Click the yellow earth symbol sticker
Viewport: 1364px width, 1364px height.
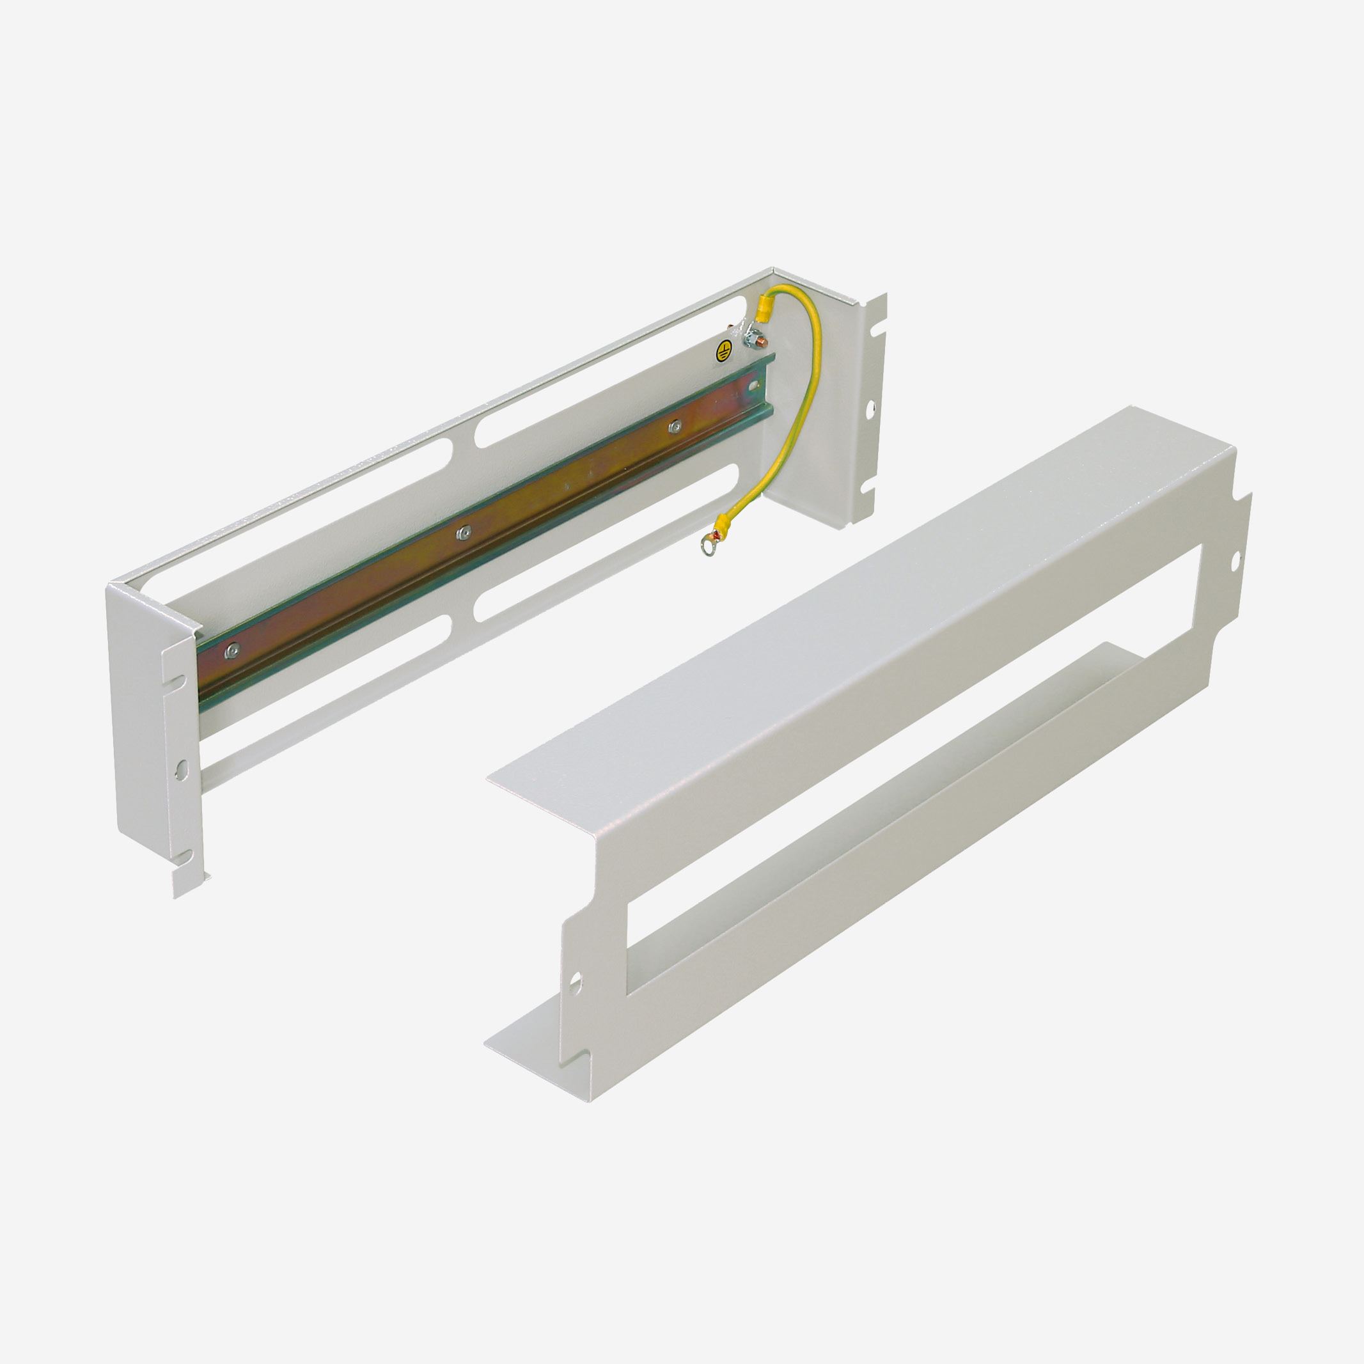(721, 352)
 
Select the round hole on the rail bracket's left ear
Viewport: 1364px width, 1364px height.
(181, 769)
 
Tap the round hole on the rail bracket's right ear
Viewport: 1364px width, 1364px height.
(870, 407)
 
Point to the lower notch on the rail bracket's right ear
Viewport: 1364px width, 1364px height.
(866, 487)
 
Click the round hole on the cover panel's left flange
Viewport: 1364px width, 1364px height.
(575, 981)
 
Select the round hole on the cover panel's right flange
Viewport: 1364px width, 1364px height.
(1235, 563)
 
